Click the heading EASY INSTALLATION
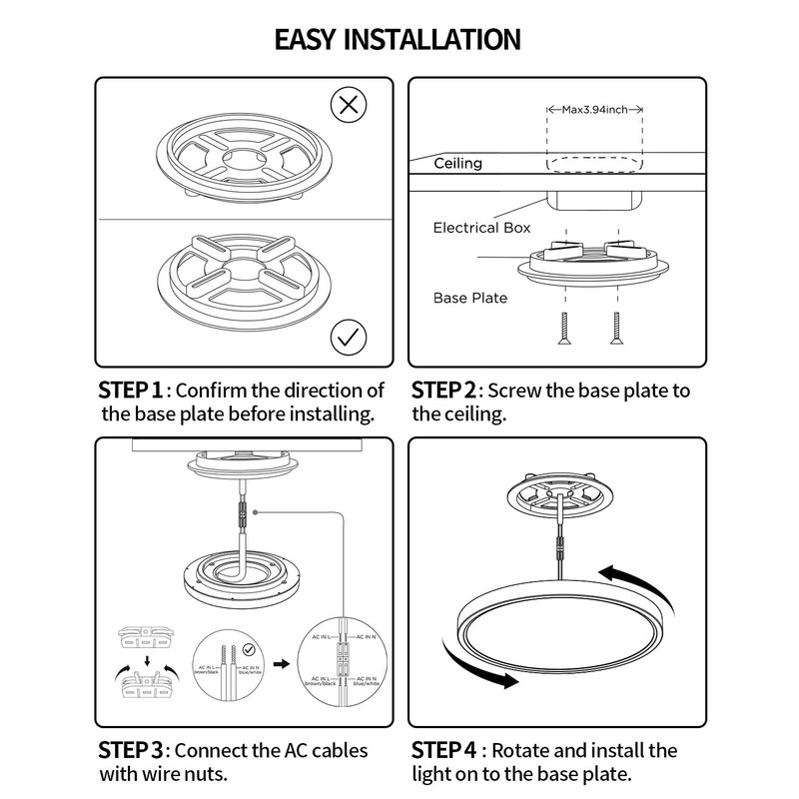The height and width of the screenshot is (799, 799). point(398,39)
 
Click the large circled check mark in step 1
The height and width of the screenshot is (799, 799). point(347,338)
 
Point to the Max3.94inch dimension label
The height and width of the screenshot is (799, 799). point(594,109)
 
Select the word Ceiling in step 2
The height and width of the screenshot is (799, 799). point(457,164)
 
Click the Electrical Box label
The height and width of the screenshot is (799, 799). point(481,229)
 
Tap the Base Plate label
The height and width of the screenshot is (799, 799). point(470,298)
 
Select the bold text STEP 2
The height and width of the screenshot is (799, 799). point(447,390)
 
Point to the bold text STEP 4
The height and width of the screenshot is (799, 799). point(447,750)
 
